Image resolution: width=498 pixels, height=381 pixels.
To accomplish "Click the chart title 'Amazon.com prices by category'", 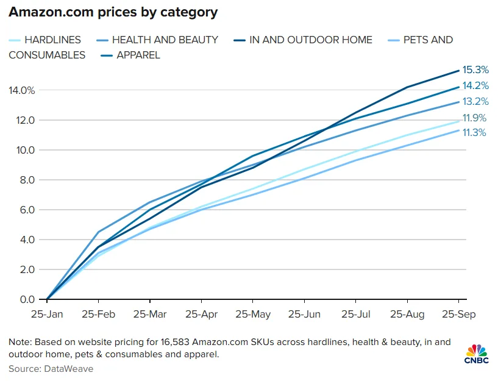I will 113,12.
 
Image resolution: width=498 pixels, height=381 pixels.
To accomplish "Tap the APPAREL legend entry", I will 137,55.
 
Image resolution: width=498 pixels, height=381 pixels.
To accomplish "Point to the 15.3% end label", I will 476,71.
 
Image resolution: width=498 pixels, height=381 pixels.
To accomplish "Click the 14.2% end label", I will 476,86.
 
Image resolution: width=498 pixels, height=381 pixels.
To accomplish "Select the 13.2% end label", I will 476,101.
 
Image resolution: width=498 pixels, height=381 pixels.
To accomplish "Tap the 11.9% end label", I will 476,118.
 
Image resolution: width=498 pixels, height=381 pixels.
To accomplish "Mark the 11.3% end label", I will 476,132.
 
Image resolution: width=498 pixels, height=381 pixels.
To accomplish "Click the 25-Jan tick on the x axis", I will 47,315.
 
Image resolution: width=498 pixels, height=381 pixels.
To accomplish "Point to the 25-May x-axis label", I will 252,315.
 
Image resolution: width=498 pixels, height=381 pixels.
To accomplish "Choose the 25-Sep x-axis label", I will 458,315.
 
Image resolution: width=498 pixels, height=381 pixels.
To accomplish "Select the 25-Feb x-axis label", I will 98,315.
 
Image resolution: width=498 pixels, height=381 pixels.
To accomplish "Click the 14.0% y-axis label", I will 21,90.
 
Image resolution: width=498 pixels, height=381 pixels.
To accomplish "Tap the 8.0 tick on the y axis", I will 27,180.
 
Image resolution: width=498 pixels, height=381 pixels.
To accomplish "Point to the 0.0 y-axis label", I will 27,299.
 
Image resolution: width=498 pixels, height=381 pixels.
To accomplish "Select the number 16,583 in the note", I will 173,342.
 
